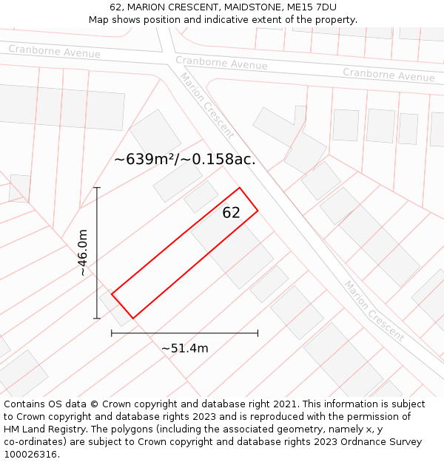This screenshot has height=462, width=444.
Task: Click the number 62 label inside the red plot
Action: click(x=231, y=213)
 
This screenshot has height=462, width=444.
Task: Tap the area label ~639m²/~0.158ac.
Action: click(x=185, y=159)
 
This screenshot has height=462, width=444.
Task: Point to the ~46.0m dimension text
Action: click(x=83, y=253)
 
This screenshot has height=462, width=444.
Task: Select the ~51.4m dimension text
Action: click(x=184, y=348)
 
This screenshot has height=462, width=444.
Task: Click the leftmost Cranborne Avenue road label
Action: click(x=54, y=51)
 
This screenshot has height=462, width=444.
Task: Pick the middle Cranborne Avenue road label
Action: click(x=221, y=63)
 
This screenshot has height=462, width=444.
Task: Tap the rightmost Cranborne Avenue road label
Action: click(x=388, y=75)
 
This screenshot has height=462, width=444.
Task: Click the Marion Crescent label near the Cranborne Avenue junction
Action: click(x=207, y=106)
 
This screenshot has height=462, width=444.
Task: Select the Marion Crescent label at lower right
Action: click(x=374, y=310)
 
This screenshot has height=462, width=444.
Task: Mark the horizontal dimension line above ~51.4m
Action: click(x=184, y=333)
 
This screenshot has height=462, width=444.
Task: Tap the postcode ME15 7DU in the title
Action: click(x=309, y=7)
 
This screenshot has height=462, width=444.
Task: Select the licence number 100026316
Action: click(x=31, y=455)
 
